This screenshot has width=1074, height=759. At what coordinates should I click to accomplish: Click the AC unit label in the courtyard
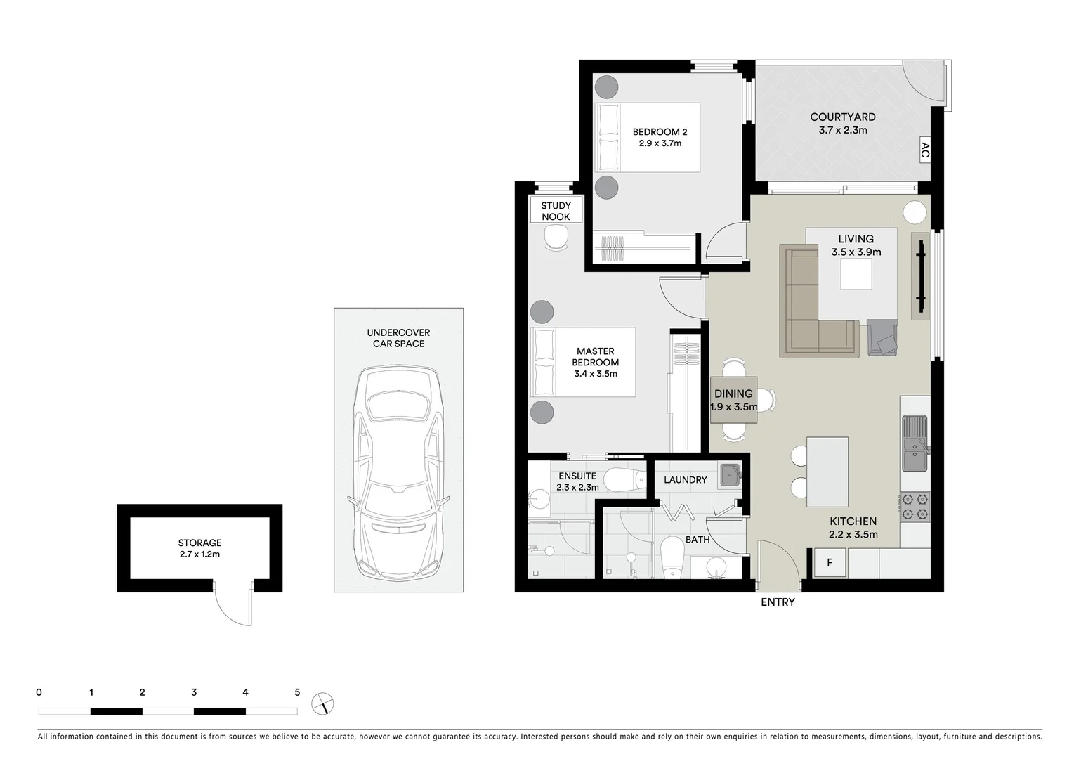pyautogui.click(x=924, y=150)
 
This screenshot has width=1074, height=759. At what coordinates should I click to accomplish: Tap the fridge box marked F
pyautogui.click(x=830, y=563)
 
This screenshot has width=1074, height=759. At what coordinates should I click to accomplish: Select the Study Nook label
pyautogui.click(x=556, y=211)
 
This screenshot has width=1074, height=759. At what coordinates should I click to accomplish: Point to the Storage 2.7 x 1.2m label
pyautogui.click(x=199, y=548)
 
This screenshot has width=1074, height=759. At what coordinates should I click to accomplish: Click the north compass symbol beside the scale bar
pyautogui.click(x=324, y=703)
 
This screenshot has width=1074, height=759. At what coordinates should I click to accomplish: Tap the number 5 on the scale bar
pyautogui.click(x=297, y=692)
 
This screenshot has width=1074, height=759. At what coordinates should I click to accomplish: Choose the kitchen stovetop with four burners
pyautogui.click(x=915, y=507)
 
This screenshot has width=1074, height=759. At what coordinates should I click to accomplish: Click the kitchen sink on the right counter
pyautogui.click(x=915, y=443)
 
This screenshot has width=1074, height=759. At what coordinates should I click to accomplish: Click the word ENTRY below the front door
pyautogui.click(x=778, y=602)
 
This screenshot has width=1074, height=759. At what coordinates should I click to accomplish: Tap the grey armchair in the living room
pyautogui.click(x=882, y=337)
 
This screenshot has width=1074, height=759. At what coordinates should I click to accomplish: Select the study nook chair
pyautogui.click(x=556, y=239)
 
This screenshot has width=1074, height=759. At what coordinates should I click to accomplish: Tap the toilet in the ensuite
pyautogui.click(x=623, y=480)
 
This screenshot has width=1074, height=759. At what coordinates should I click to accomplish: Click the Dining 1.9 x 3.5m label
pyautogui.click(x=733, y=400)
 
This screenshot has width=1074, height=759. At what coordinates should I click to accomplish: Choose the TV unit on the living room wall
pyautogui.click(x=921, y=276)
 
